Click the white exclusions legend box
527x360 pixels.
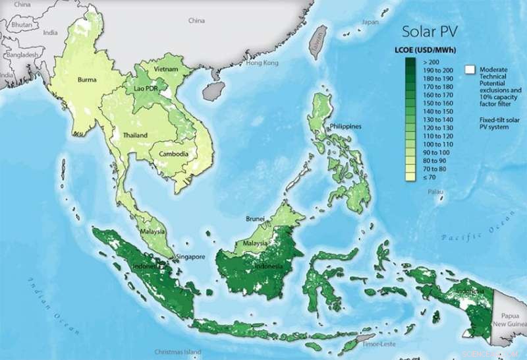click(x=470, y=69)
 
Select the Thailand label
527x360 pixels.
click(x=134, y=135)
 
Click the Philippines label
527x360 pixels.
click(x=345, y=125)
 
